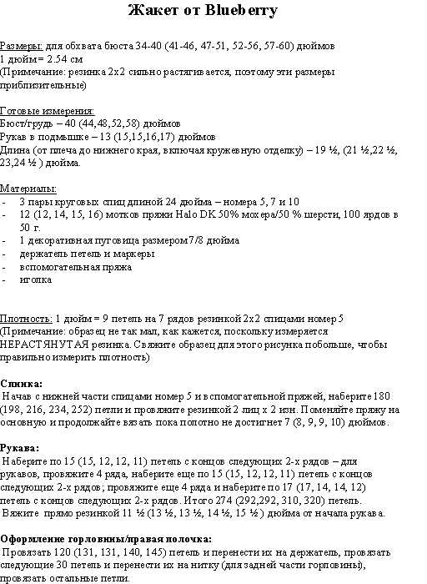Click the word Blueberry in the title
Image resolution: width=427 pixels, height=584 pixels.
(x=244, y=11)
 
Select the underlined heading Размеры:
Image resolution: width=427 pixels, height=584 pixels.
(x=21, y=48)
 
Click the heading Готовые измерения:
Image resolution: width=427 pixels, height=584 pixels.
(x=48, y=111)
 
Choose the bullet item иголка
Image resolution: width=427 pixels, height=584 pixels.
(x=35, y=279)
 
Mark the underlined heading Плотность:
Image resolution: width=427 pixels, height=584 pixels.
(x=26, y=319)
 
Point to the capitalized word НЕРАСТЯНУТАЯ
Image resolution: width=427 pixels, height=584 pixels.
(x=41, y=344)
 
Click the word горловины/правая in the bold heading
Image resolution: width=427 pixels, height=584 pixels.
(x=119, y=538)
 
